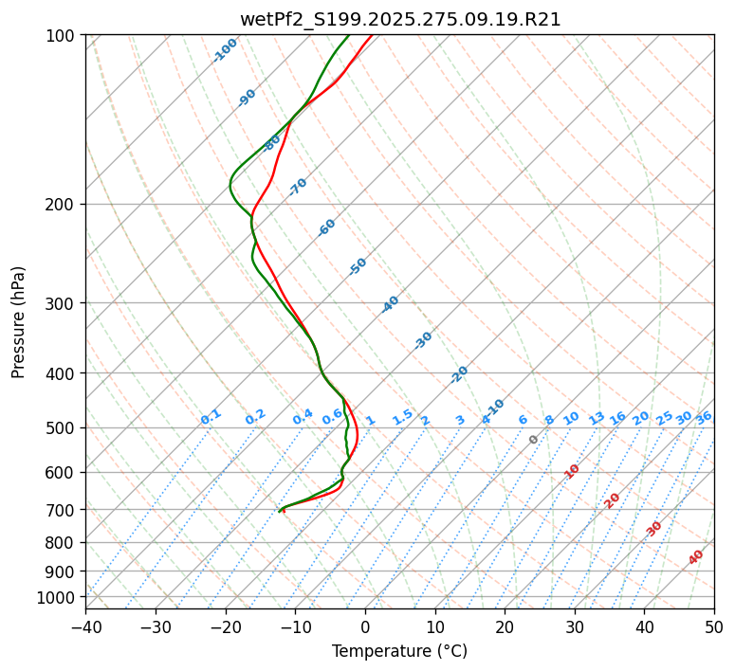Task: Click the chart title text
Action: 400,20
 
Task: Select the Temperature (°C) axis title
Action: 399,651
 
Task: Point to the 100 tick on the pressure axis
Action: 63,36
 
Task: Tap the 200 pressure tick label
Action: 63,205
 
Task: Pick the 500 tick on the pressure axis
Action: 63,428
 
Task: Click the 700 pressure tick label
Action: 63,510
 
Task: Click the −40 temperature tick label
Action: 85,626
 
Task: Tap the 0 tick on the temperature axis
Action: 365,626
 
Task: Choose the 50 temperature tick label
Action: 714,626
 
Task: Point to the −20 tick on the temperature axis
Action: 225,626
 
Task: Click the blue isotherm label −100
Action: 226,50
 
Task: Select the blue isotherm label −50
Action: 358,266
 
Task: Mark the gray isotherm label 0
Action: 534,440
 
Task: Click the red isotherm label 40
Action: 696,557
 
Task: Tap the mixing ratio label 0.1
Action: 211,417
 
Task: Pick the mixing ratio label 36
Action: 704,417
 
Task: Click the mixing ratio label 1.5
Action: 403,417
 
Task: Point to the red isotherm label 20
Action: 613,499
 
